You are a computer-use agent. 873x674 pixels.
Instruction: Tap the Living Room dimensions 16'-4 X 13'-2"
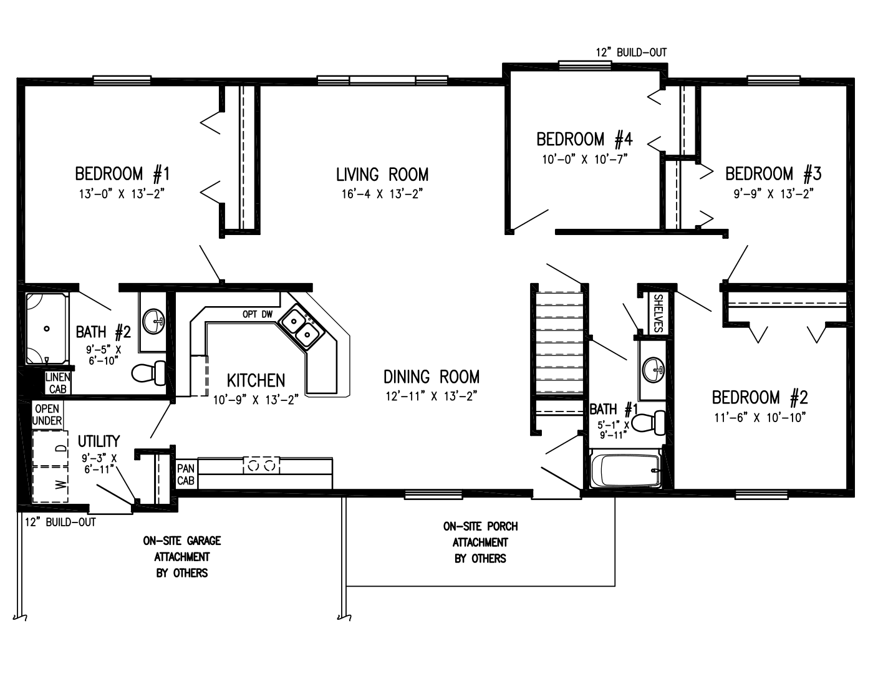tap(382, 193)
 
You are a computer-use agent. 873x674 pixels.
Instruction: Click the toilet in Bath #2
tap(148, 373)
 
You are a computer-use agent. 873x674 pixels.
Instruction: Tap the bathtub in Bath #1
tap(625, 471)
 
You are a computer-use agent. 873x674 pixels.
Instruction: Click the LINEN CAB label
tap(57, 383)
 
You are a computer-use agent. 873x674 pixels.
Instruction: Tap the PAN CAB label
tap(186, 474)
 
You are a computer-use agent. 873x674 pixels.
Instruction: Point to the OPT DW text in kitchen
tap(258, 314)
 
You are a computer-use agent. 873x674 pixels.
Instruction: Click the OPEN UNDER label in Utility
tap(47, 415)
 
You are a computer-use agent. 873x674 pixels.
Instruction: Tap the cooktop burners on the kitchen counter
tap(260, 465)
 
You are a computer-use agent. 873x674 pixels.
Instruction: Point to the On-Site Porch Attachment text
tap(480, 542)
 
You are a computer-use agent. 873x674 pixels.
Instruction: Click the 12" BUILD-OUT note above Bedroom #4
tap(631, 52)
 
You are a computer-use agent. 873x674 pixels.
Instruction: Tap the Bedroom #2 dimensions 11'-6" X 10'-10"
tap(760, 417)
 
